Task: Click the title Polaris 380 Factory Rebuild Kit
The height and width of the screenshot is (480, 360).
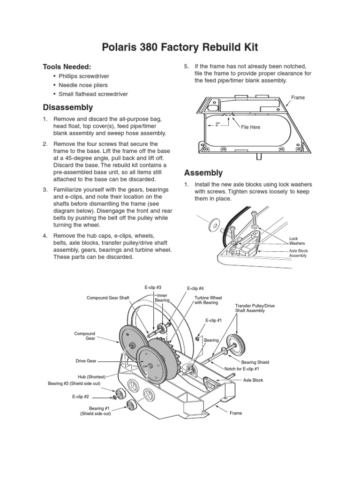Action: [180, 48]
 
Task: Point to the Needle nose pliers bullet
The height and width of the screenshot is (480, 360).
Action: [83, 85]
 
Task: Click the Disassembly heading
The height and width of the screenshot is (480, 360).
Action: [68, 107]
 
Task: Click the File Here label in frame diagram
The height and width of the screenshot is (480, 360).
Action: [251, 127]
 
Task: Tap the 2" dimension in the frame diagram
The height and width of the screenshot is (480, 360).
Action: [217, 125]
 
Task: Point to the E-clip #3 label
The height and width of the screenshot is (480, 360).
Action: [153, 287]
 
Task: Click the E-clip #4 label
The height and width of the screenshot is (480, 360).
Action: [195, 289]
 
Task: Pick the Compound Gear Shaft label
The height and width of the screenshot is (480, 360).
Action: [107, 297]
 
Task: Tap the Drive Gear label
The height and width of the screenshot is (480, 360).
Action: [86, 360]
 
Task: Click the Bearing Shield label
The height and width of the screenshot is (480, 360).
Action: [255, 362]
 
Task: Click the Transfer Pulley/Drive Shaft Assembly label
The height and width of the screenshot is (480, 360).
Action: [255, 307]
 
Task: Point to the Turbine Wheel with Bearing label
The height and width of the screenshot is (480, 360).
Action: [208, 300]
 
